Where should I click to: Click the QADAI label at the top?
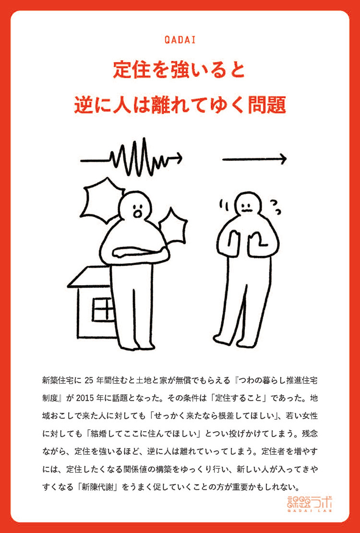[x=180, y=40]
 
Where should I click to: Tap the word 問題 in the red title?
[x=269, y=104]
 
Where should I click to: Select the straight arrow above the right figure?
[x=254, y=158]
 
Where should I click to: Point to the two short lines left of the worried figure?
[x=224, y=207]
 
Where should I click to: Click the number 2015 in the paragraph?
[x=131, y=399]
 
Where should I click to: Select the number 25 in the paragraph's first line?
[x=91, y=381]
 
